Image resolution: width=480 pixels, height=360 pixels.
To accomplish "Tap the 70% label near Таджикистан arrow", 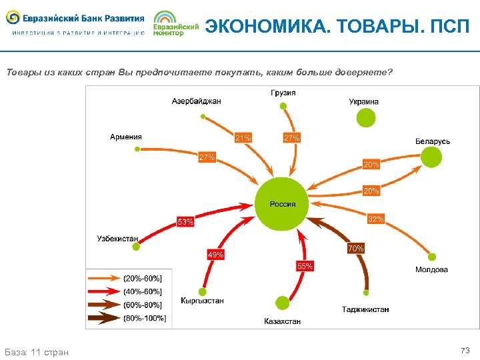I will [x=355, y=248].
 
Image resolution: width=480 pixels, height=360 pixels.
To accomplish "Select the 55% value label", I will [x=304, y=266].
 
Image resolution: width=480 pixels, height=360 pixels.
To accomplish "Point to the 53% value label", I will [x=185, y=221].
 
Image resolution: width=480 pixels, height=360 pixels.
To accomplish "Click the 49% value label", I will [x=215, y=255].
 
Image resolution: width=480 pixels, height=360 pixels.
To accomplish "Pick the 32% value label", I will [x=376, y=219].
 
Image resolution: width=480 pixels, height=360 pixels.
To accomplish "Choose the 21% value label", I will [x=243, y=138].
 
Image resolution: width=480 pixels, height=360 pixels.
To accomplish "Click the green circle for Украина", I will [x=365, y=117].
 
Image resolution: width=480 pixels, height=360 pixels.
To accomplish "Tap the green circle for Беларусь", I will [x=431, y=157].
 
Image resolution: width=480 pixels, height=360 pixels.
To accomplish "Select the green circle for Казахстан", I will [x=282, y=303].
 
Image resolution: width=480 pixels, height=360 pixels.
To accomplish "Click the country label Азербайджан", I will [x=196, y=101].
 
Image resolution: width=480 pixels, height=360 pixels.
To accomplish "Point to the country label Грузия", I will [x=283, y=93].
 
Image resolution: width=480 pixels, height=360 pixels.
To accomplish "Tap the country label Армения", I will [x=126, y=137].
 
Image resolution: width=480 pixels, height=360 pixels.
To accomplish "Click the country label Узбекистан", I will [x=117, y=238].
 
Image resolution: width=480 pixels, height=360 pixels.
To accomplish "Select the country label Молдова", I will [x=431, y=270].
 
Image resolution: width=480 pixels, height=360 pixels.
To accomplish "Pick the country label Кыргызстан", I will [x=202, y=301].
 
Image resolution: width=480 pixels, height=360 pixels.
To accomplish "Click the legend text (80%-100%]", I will [x=145, y=318].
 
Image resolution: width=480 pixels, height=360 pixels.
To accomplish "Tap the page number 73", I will [x=465, y=351].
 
